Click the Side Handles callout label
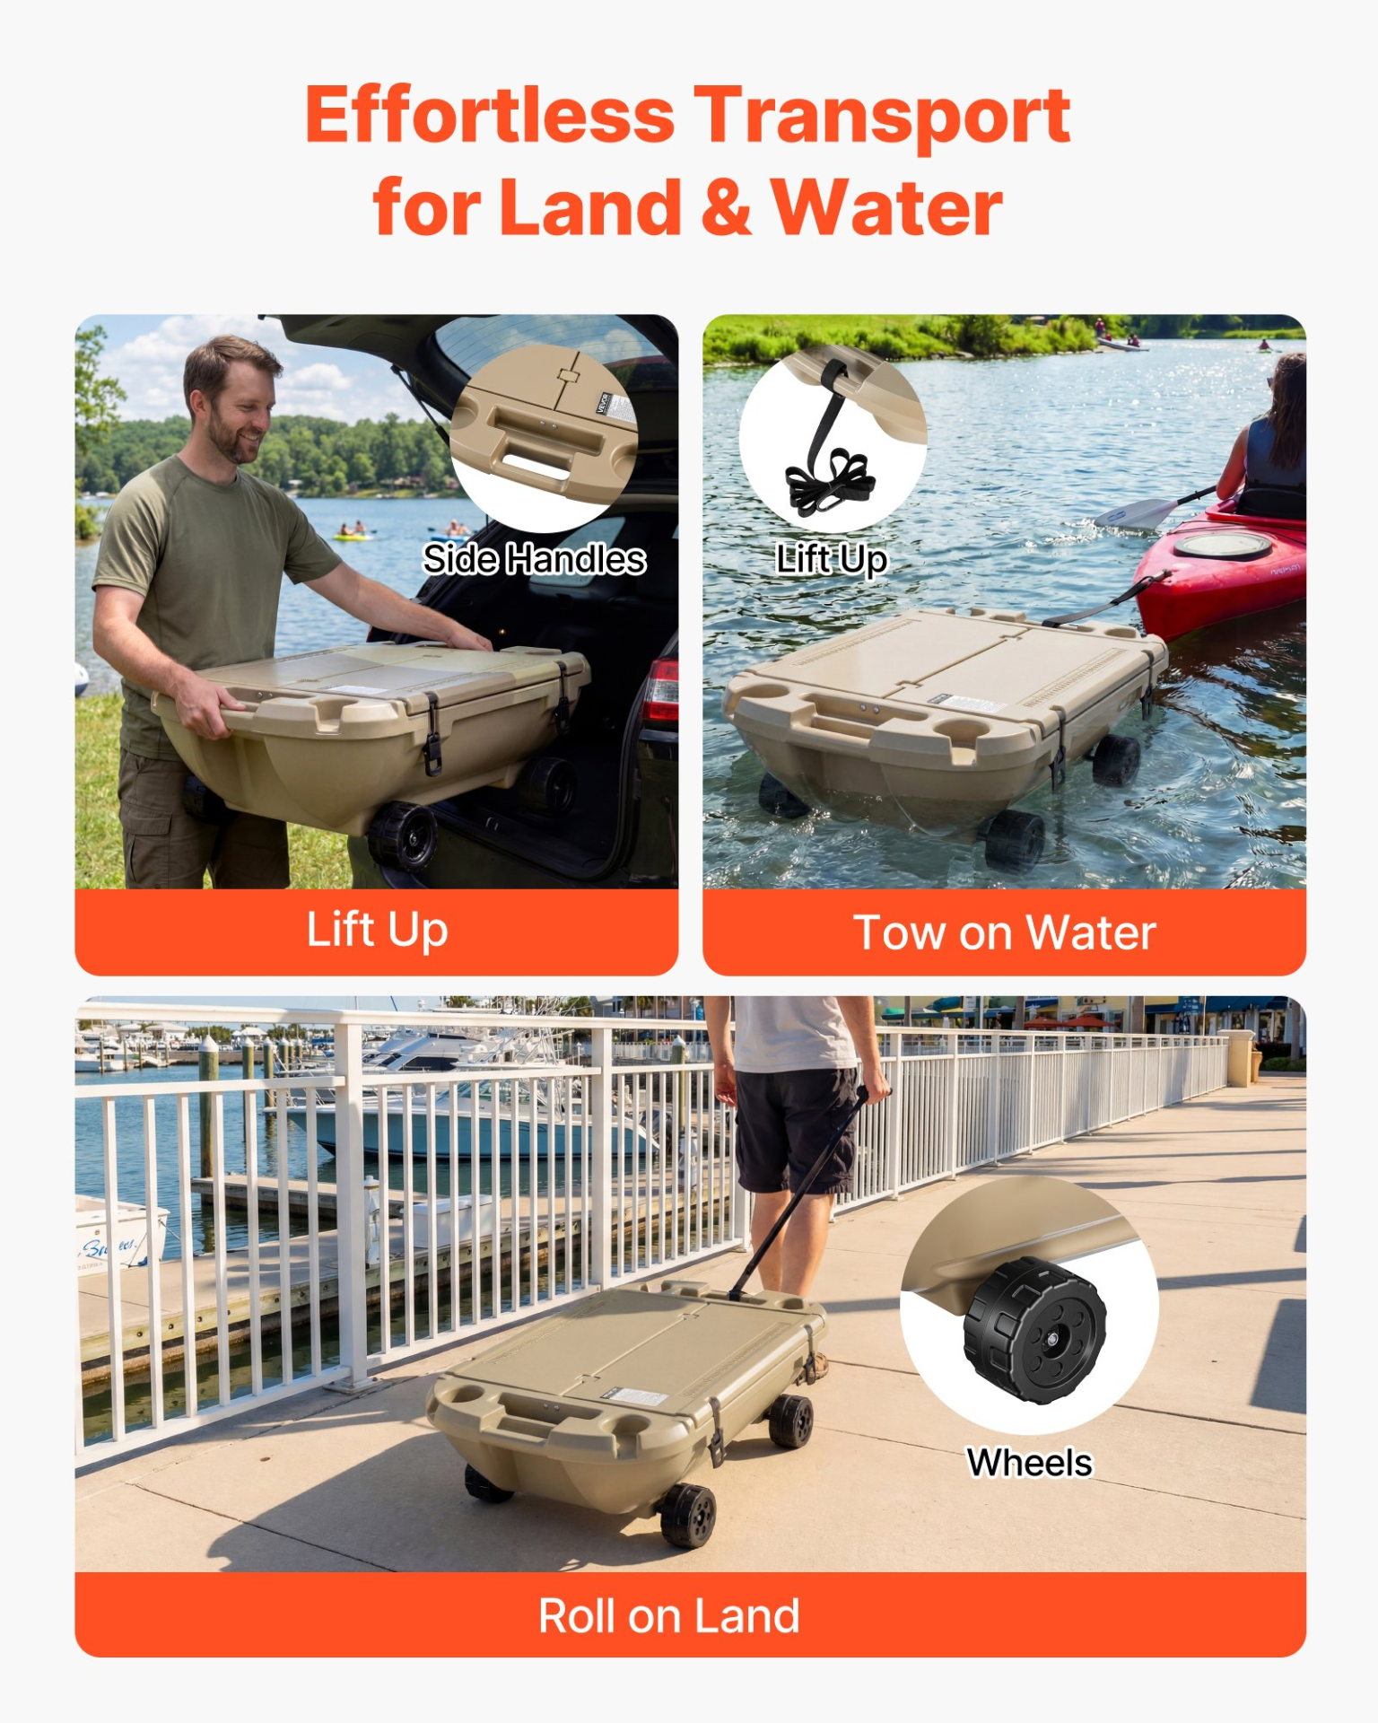(x=535, y=559)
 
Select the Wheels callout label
(x=1029, y=1463)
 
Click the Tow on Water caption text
(x=1004, y=932)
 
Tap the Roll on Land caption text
(x=668, y=1616)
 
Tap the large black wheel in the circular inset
(x=1034, y=1331)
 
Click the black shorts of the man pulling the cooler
(x=794, y=1127)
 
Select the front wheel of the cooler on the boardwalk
(x=687, y=1516)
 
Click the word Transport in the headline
(x=882, y=117)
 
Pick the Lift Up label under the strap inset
(x=832, y=559)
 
